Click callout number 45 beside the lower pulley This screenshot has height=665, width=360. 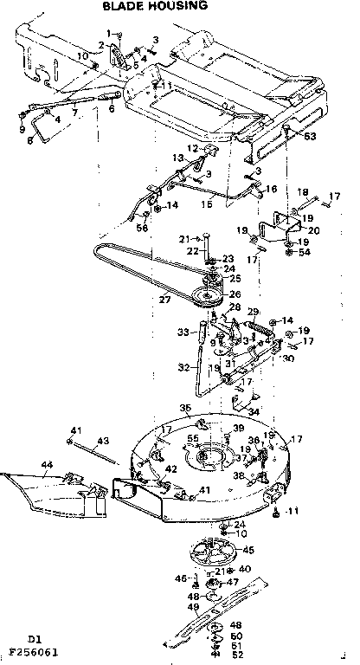tap(247, 549)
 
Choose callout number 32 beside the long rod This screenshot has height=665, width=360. tap(183, 366)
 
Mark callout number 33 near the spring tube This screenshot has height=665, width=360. tap(182, 332)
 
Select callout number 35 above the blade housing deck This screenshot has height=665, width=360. tap(184, 407)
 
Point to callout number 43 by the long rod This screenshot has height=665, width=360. tap(102, 440)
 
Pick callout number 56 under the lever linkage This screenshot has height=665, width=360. tap(142, 227)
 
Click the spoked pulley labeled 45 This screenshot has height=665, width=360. tap(211, 552)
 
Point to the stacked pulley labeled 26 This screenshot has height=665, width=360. tap(206, 294)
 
